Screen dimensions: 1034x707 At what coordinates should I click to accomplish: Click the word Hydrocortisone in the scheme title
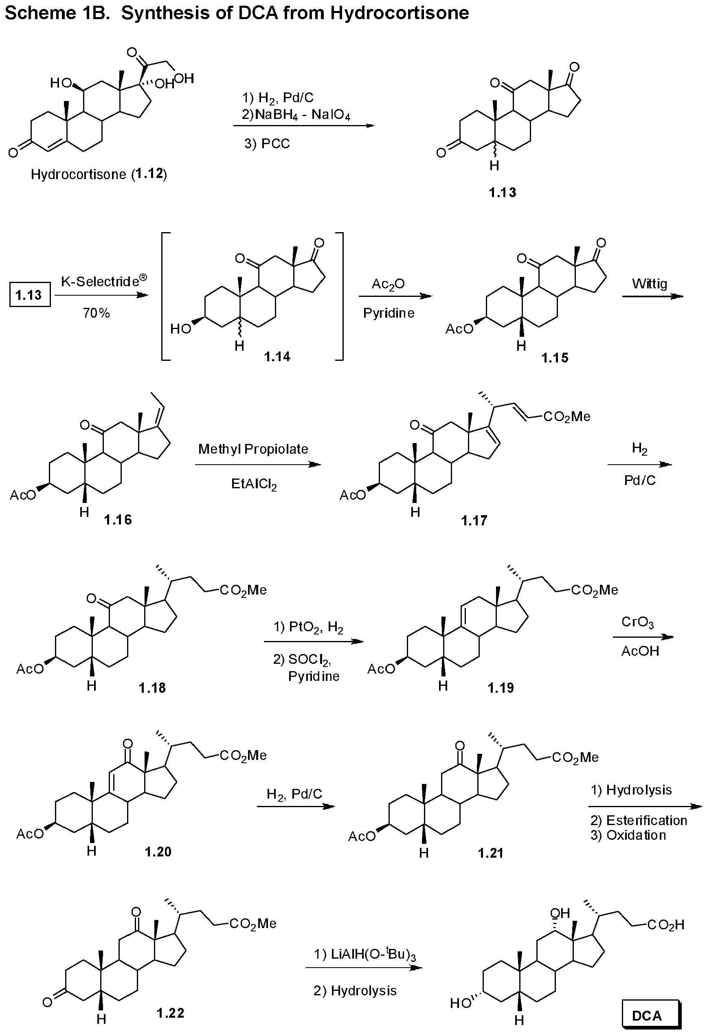399,13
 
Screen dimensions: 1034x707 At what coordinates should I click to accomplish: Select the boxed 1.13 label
29,294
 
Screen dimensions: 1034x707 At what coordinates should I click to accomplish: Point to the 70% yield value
96,313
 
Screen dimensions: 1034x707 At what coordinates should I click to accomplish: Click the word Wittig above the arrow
650,283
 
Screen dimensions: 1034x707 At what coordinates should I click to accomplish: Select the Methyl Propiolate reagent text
253,449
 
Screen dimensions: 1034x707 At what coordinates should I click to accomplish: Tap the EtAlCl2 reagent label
254,484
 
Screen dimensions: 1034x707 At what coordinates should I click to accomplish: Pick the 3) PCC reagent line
267,144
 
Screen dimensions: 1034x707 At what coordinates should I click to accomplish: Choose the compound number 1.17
474,520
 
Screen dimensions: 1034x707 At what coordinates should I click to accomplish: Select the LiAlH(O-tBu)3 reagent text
365,954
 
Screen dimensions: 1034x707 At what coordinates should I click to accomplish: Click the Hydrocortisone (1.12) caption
99,174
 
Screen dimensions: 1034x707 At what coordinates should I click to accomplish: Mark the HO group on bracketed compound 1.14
181,329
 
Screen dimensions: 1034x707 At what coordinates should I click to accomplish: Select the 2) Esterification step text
639,820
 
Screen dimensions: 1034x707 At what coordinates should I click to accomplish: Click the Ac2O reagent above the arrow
388,283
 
